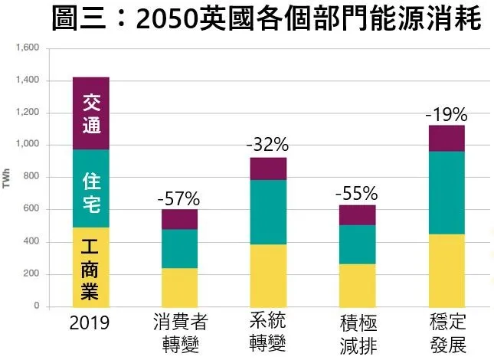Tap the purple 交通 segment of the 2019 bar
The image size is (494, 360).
click(x=91, y=113)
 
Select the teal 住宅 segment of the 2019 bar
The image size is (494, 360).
click(x=91, y=188)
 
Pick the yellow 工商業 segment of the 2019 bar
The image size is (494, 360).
click(x=91, y=267)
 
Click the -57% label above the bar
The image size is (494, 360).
click(x=179, y=198)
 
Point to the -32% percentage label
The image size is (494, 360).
click(x=267, y=145)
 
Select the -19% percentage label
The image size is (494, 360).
click(x=447, y=115)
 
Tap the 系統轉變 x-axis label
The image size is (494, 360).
click(x=269, y=332)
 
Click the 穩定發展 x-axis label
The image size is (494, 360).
click(x=447, y=332)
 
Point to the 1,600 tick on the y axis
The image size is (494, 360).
click(x=27, y=48)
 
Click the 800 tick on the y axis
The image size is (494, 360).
click(x=31, y=178)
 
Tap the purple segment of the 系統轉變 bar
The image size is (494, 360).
click(x=268, y=169)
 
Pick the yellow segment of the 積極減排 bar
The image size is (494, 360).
click(x=357, y=285)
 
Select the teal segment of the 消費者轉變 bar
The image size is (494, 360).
click(x=179, y=248)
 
